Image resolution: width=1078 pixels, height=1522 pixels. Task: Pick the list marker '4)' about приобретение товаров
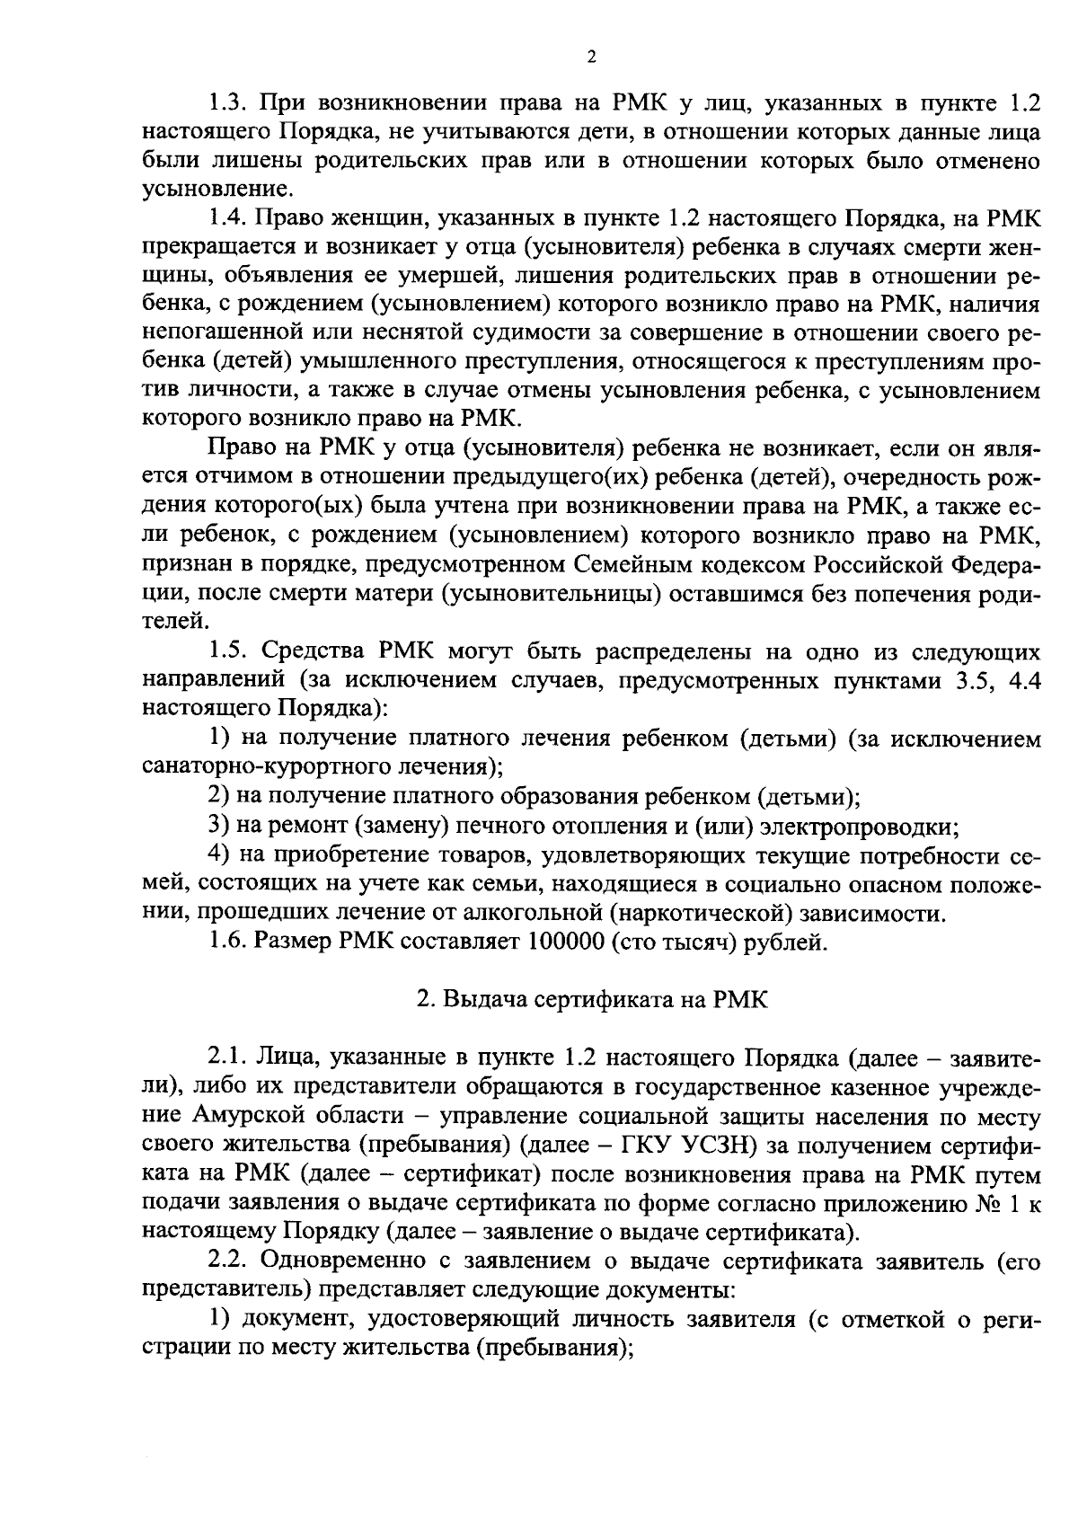click(219, 854)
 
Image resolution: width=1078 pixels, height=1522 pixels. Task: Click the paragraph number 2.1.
click(226, 1057)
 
